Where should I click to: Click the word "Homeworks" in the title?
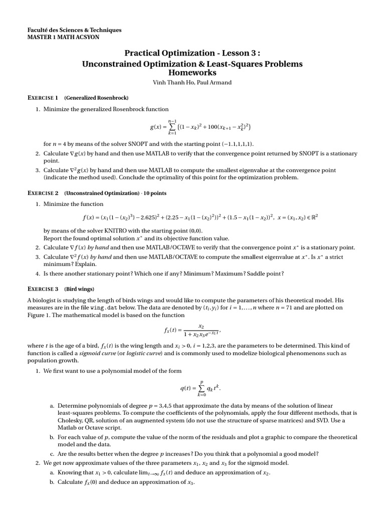192,73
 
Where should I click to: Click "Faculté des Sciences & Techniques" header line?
74,30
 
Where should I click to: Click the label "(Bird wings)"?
79,289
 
